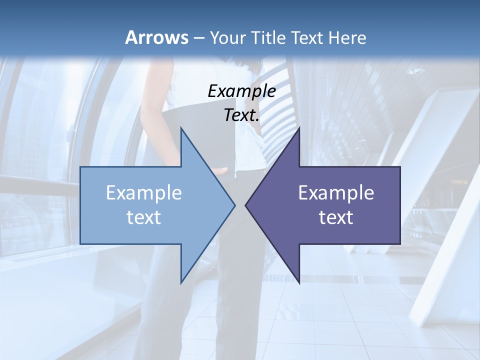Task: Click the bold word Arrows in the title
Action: coord(156,37)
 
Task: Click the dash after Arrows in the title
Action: coord(199,38)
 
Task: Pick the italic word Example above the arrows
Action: coord(241,91)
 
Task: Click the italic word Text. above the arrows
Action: coord(241,115)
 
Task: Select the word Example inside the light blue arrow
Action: coord(144,192)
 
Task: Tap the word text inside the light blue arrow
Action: coord(144,217)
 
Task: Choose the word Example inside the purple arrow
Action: coord(336,192)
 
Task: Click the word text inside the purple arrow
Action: coord(336,217)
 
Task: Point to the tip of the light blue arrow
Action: coord(234,205)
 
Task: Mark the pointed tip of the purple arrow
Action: coord(246,205)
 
